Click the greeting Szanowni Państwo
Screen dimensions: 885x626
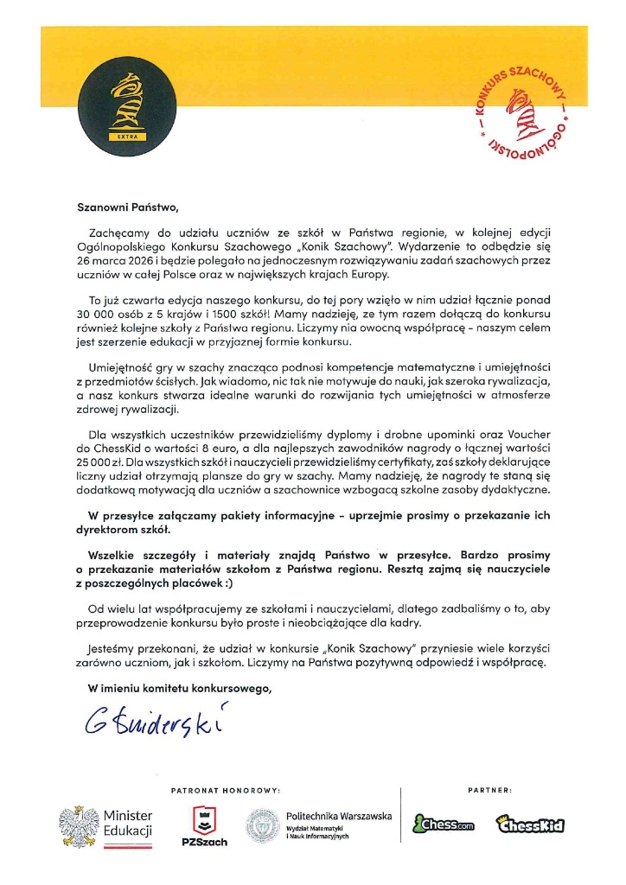pyautogui.click(x=126, y=207)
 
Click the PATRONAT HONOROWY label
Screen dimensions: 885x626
pyautogui.click(x=227, y=790)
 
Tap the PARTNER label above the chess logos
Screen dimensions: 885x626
pyautogui.click(x=489, y=790)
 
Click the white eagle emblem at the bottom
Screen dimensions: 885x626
pyautogui.click(x=78, y=825)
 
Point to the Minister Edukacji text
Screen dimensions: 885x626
pyautogui.click(x=128, y=824)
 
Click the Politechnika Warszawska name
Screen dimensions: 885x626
pyautogui.click(x=339, y=816)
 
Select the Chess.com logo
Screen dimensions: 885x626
pyautogui.click(x=444, y=825)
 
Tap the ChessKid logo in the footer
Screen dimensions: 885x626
pyautogui.click(x=530, y=825)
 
